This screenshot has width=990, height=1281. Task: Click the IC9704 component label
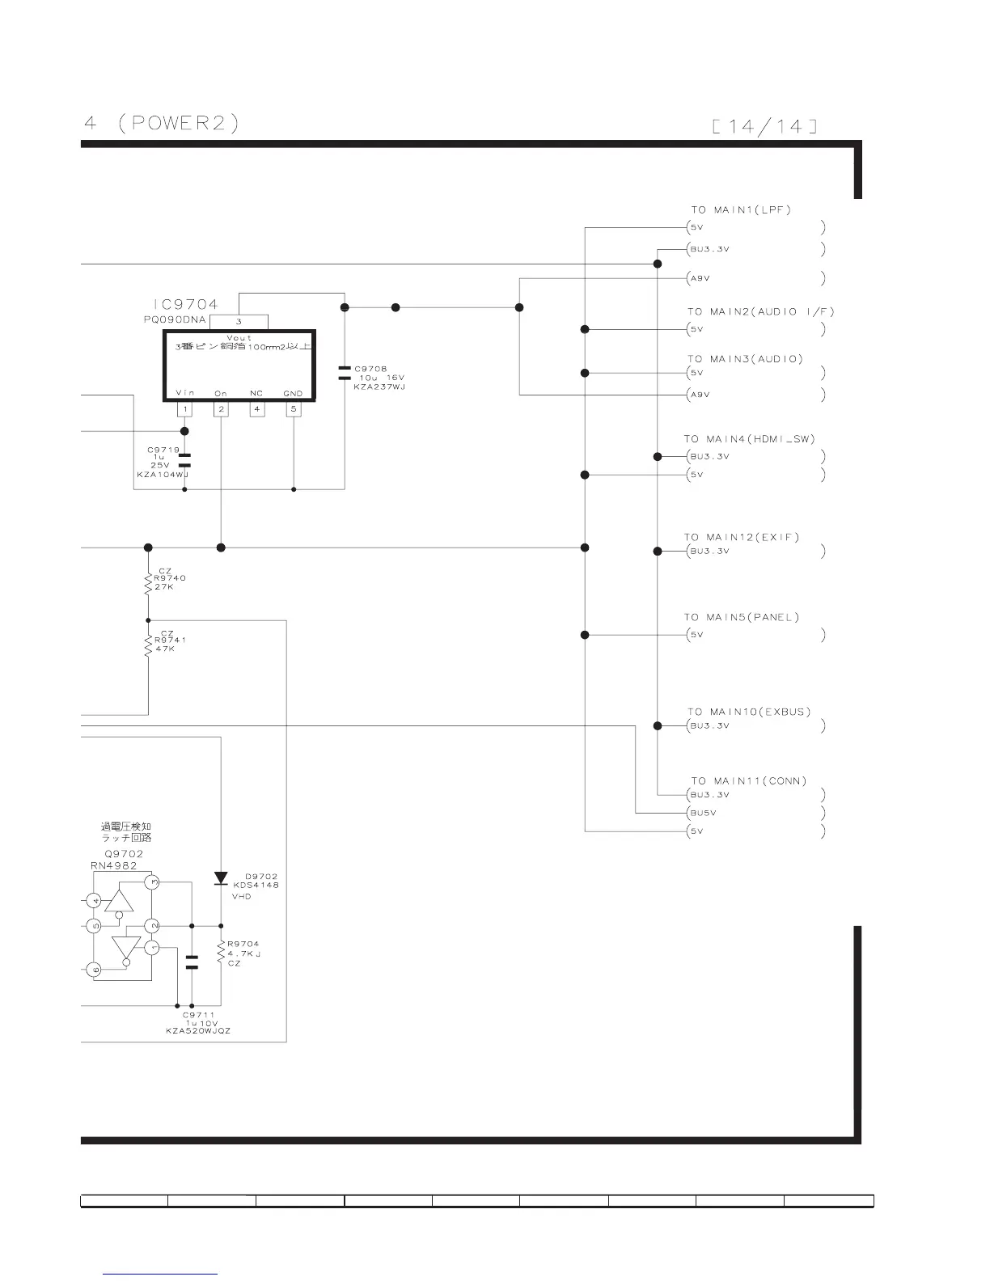[x=186, y=305]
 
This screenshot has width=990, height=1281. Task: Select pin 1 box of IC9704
[x=185, y=409]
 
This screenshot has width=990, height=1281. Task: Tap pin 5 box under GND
[x=294, y=409]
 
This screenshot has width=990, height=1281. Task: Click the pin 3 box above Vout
[x=239, y=322]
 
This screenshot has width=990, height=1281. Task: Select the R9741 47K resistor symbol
[x=148, y=645]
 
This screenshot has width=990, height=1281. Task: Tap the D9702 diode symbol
[x=221, y=878]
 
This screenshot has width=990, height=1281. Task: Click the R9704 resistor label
[x=243, y=944]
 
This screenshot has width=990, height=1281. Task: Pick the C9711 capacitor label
[x=198, y=1015]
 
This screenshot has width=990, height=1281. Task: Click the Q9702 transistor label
[x=124, y=854]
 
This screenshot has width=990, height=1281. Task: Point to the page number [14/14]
[x=764, y=126]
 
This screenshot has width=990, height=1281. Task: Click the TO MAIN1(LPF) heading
[x=740, y=210]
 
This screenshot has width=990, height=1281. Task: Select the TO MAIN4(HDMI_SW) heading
[x=749, y=439]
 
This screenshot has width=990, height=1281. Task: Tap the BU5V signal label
[x=703, y=813]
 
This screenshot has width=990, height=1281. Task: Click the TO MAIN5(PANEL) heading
[x=741, y=617]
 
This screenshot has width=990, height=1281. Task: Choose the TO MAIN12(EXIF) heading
[x=741, y=537]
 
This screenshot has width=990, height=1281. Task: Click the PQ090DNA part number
[x=175, y=319]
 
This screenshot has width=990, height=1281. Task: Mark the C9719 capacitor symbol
[x=185, y=461]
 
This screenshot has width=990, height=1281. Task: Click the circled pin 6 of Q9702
[x=94, y=970]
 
